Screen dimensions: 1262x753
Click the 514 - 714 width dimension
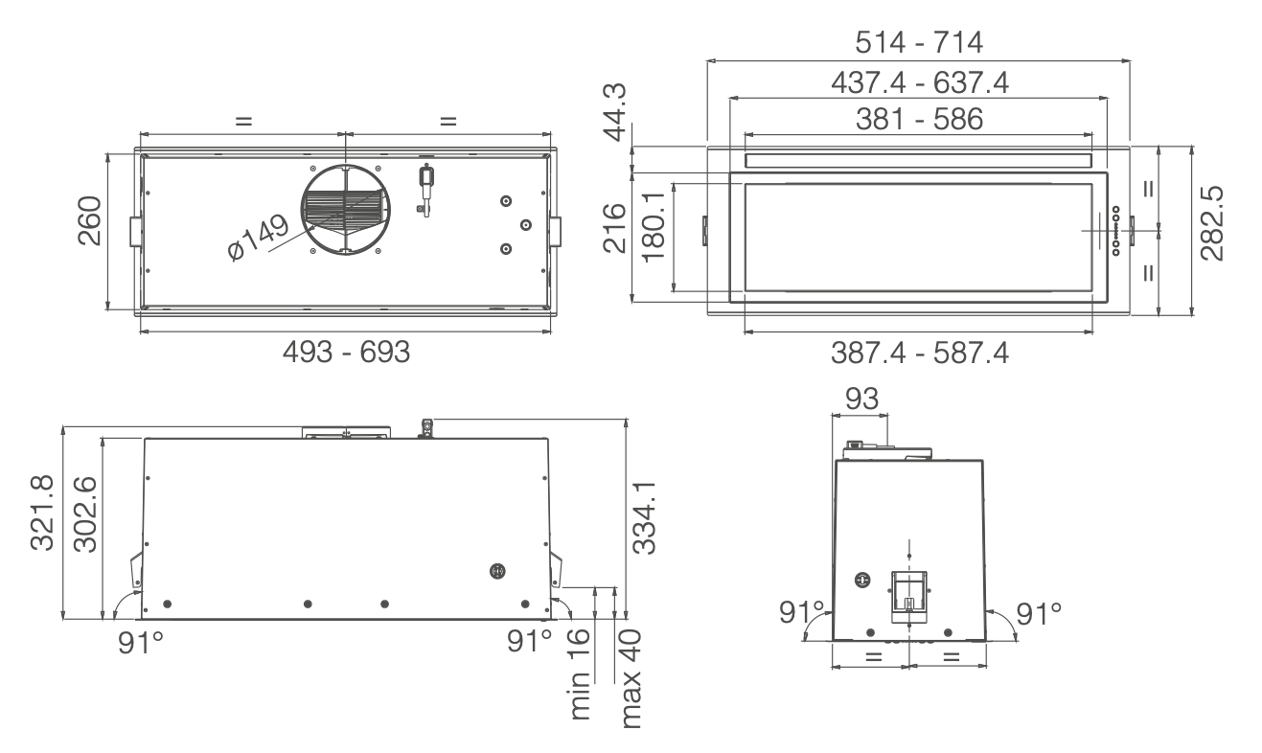click(x=919, y=43)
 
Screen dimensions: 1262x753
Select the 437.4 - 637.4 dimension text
click(x=920, y=82)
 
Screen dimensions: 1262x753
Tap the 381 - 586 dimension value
click(x=920, y=120)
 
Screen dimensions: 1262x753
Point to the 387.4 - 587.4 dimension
click(x=920, y=354)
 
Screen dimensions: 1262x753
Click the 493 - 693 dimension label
click(x=346, y=353)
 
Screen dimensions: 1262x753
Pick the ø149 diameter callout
click(x=258, y=239)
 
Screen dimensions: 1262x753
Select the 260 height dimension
click(x=89, y=220)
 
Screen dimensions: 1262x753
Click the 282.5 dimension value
click(x=1212, y=223)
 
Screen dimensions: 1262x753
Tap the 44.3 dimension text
click(x=614, y=112)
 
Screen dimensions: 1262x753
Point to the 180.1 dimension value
click(x=654, y=227)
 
